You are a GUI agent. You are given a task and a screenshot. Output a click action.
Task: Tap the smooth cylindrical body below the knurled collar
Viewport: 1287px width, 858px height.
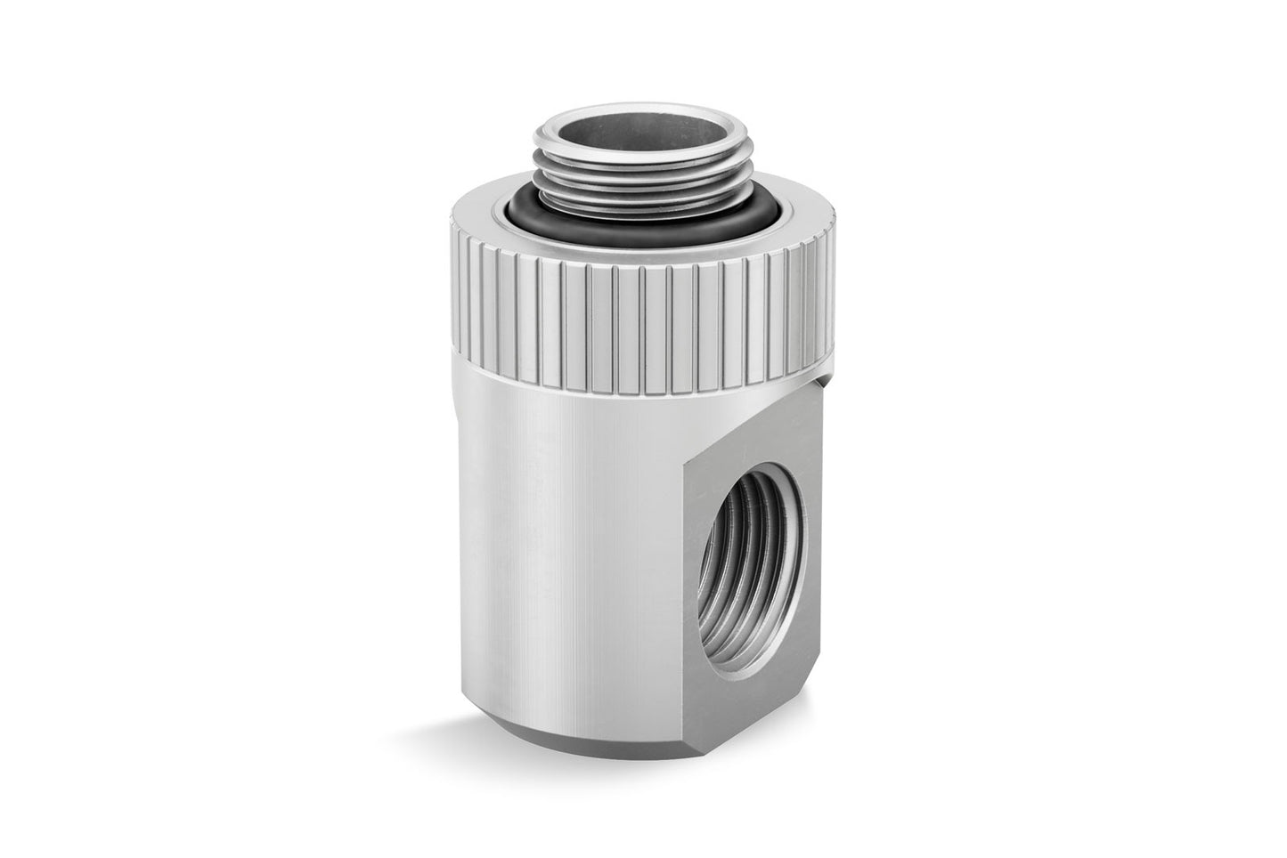click(570, 534)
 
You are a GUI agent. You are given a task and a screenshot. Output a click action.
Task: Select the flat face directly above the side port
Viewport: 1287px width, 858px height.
click(757, 445)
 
